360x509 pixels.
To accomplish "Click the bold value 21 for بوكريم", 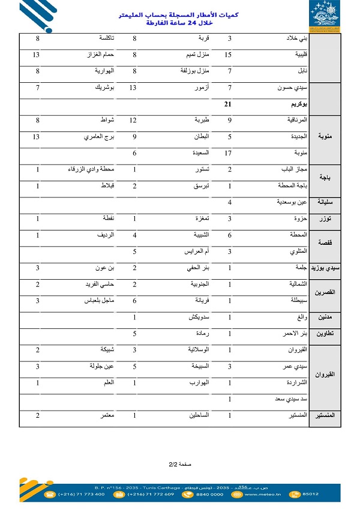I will (227, 104).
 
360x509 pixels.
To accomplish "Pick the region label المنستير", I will (325, 415).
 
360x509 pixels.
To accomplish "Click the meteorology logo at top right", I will (325, 16).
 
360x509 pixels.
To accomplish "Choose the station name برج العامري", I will (100, 137).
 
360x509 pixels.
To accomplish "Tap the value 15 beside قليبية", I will (227, 55).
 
